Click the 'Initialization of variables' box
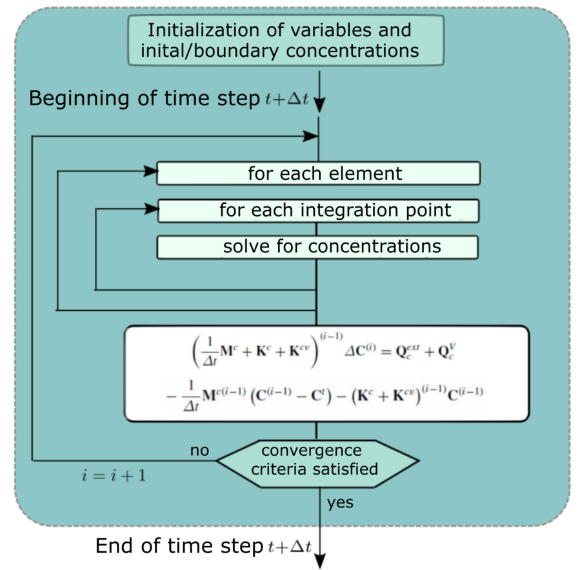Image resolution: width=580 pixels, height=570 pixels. click(x=286, y=40)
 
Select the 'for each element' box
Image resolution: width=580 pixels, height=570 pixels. click(x=319, y=173)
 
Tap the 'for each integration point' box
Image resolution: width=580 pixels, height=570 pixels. click(x=319, y=210)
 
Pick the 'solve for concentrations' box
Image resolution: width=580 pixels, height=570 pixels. click(x=319, y=247)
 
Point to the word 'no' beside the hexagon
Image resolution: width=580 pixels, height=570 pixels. click(x=199, y=450)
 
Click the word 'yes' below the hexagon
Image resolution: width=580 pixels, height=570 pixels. click(x=340, y=502)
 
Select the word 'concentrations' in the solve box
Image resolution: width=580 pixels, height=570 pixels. click(x=375, y=247)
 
